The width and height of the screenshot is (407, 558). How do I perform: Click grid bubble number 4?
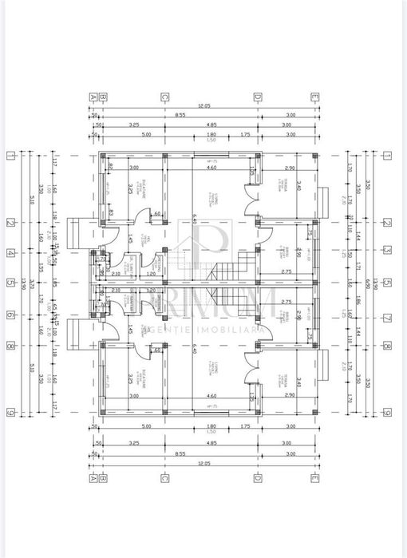(x=10, y=253)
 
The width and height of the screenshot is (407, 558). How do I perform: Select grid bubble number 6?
(x=10, y=315)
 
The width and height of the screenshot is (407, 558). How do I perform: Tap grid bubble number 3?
(x=386, y=250)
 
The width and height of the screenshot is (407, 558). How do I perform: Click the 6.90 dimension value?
(x=367, y=283)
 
